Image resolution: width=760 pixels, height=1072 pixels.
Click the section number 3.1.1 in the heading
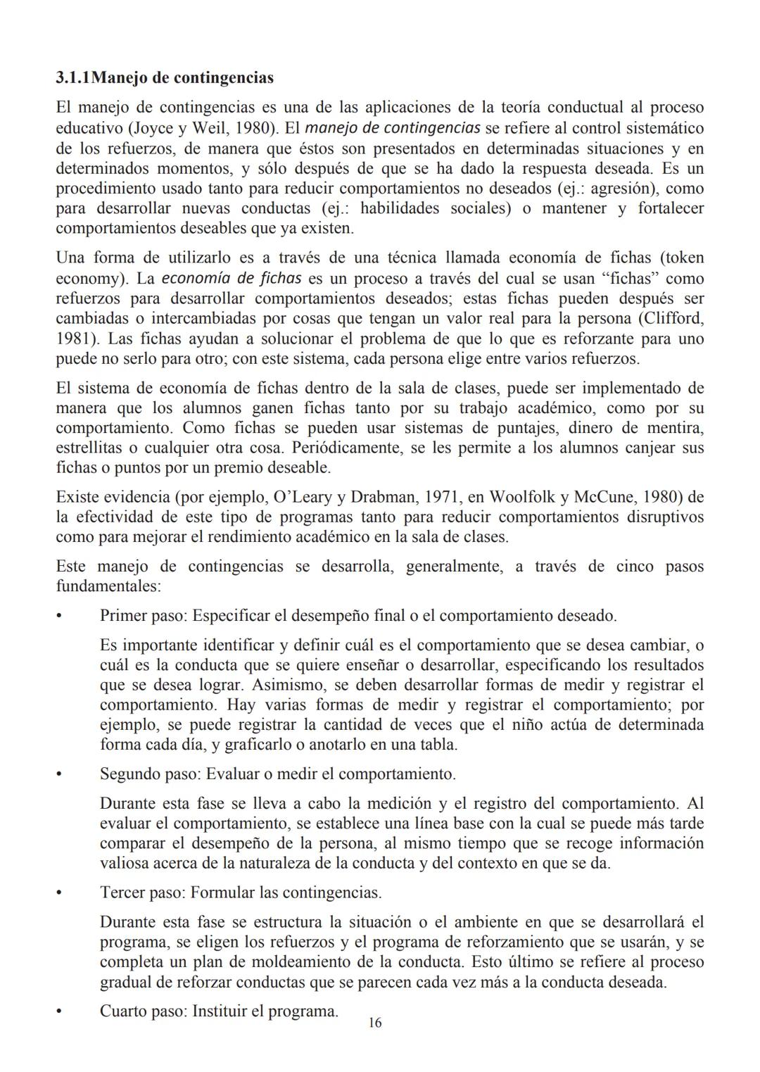[73, 77]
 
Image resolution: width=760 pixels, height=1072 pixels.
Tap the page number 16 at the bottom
[375, 1023]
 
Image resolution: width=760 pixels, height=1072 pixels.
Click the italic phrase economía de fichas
[232, 278]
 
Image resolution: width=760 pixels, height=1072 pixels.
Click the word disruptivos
[665, 517]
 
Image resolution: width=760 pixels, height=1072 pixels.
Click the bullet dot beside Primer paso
[60, 617]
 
